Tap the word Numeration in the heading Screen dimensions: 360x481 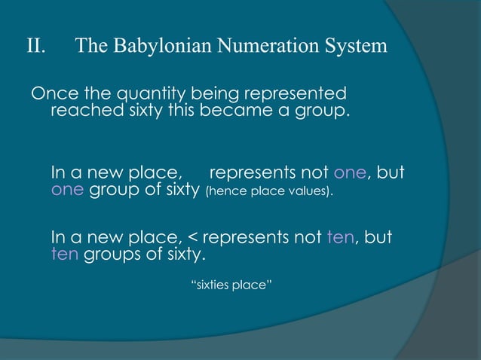(x=270, y=47)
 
